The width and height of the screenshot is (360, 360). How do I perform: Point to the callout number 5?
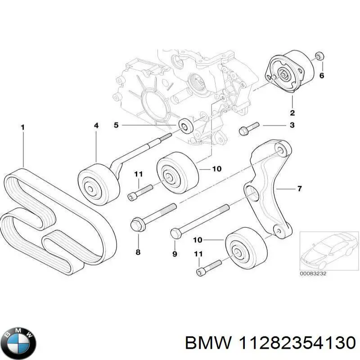point(116,125)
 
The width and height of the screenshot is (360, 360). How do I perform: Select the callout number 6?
point(321,76)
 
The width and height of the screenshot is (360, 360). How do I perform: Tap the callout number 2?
point(292,112)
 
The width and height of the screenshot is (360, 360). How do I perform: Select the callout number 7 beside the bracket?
point(299,189)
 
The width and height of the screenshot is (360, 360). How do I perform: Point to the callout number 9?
point(175,255)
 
